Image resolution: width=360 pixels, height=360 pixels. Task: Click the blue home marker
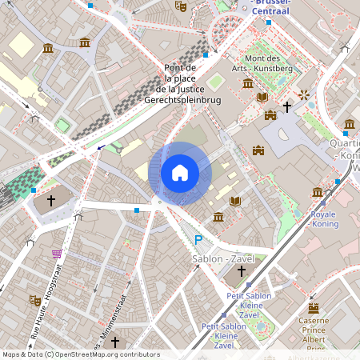click(x=180, y=173)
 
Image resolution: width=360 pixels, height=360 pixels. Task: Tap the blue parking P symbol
click(x=198, y=240)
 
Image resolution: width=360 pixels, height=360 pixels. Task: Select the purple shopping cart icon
click(x=57, y=254)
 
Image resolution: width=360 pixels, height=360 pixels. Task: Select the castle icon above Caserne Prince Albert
click(x=314, y=307)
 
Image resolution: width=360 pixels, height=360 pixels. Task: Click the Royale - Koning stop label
click(x=322, y=219)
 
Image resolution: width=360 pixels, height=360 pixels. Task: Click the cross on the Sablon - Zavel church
click(x=242, y=271)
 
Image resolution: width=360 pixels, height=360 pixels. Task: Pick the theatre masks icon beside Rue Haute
click(x=35, y=300)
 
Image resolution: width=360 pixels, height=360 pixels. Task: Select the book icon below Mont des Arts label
click(x=262, y=98)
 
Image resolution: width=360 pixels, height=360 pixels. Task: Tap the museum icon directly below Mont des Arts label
click(x=248, y=83)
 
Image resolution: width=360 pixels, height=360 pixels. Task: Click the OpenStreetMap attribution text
click(x=81, y=354)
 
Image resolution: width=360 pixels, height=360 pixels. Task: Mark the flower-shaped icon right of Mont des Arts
click(x=304, y=95)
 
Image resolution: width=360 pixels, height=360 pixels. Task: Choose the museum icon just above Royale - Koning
click(x=318, y=193)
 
